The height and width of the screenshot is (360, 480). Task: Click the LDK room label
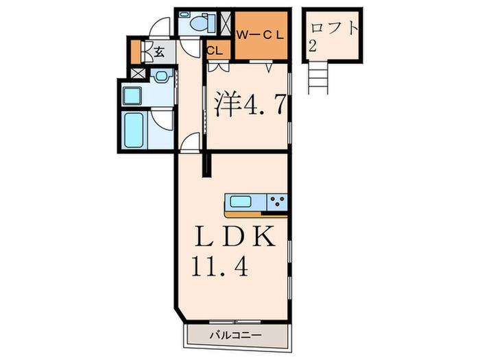click(x=233, y=237)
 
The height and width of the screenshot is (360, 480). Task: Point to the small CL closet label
click(x=214, y=50)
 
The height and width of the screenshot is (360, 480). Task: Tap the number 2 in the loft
click(x=313, y=47)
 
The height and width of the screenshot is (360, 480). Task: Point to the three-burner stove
click(x=277, y=202)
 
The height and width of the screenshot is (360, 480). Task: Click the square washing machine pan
click(x=134, y=94)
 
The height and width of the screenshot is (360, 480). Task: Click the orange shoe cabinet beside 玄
click(x=135, y=51)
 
